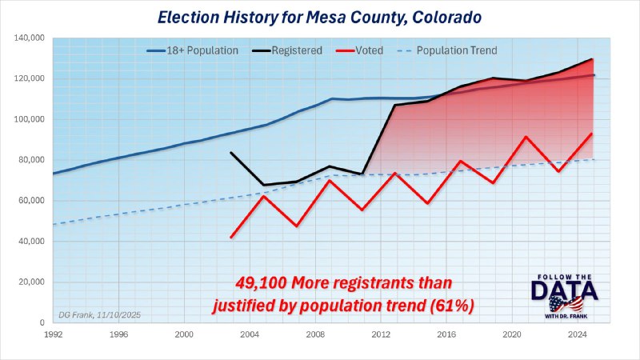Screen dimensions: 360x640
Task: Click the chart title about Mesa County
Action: (320, 15)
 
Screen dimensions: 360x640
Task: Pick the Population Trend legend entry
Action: (456, 50)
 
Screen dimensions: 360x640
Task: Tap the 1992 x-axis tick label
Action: (53, 334)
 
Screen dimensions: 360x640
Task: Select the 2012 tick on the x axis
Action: (380, 334)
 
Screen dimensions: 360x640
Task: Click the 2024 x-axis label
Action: (577, 334)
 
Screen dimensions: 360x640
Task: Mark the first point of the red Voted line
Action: (231, 237)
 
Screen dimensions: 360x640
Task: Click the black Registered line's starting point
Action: (231, 153)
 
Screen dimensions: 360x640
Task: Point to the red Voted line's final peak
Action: (591, 134)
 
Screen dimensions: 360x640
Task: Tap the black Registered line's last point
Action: (592, 59)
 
